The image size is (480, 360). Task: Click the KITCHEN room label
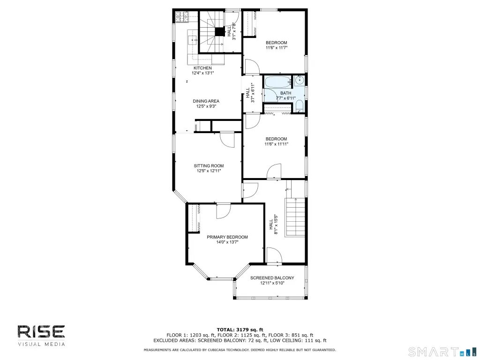point(202,68)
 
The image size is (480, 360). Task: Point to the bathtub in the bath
point(277,82)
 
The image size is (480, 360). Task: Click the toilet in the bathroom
point(300,106)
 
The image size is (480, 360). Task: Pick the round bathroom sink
point(300,80)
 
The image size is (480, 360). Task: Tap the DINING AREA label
point(206,101)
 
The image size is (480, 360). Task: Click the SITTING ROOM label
point(209,166)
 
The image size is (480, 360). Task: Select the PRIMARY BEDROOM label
point(227,237)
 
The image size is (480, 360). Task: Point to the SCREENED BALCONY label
point(272,278)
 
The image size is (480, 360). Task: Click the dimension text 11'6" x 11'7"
point(277,48)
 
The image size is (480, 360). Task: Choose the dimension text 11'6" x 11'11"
point(277,144)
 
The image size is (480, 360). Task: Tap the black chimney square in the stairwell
point(219,32)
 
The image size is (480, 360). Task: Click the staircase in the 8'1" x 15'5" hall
point(295,217)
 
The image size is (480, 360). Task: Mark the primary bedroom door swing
point(224,211)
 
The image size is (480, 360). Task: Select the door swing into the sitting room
point(227,140)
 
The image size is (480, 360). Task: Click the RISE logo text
point(41,332)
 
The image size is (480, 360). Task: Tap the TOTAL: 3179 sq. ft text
point(240,330)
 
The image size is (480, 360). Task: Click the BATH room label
point(285,93)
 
